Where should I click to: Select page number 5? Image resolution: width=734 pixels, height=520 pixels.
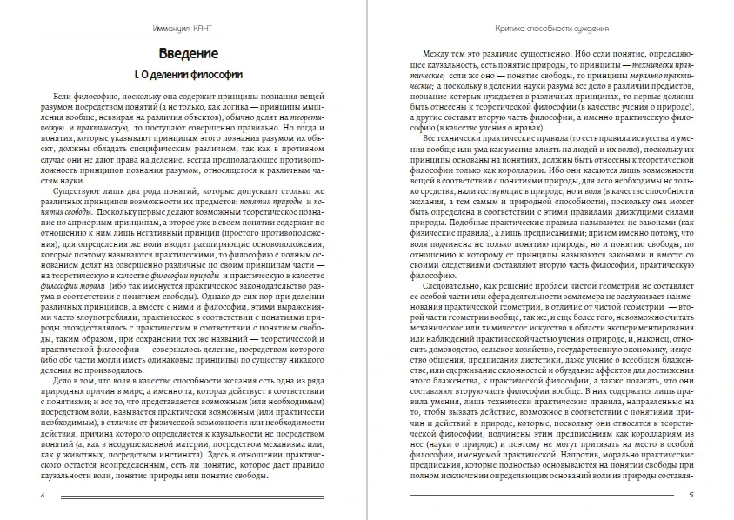pos(690,496)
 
